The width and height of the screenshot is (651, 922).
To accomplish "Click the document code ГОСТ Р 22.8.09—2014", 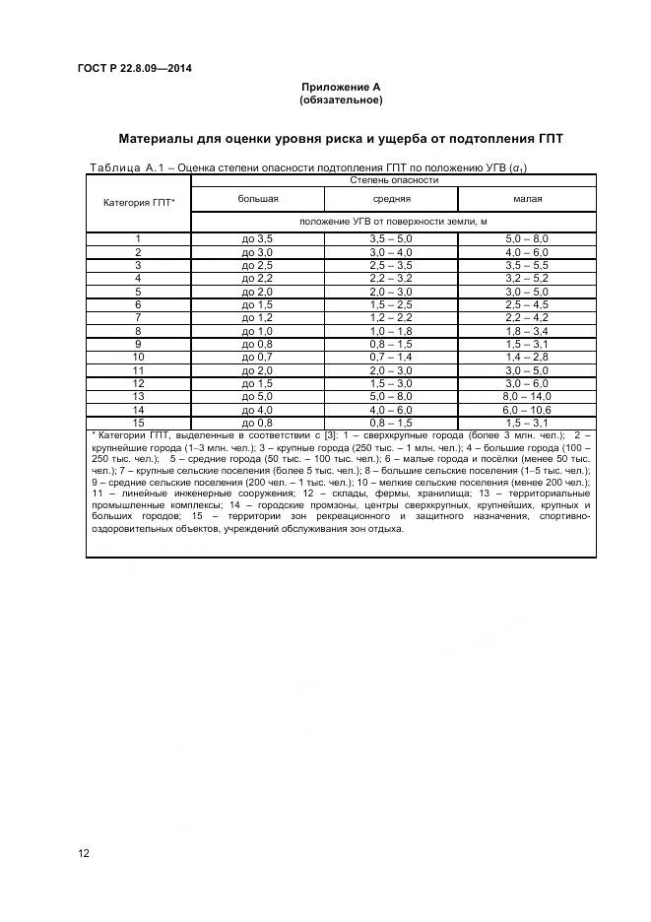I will pyautogui.click(x=135, y=68).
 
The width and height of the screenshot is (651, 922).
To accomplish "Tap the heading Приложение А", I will pyautogui.click(x=341, y=88).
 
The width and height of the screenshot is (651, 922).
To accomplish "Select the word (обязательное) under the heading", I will pyautogui.click(x=341, y=100).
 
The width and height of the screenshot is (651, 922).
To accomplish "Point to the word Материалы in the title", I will pyautogui.click(x=163, y=138).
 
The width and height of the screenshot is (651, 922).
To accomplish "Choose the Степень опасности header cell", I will pyautogui.click(x=393, y=180).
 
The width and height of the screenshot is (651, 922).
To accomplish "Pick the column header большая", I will pyautogui.click(x=258, y=199).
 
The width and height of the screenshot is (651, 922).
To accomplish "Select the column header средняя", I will pyautogui.click(x=391, y=199).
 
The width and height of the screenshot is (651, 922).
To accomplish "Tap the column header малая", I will pyautogui.click(x=527, y=199).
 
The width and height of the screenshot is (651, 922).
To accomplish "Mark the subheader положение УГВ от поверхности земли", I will pyautogui.click(x=393, y=222).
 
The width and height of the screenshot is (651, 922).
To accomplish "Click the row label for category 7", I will pyautogui.click(x=139, y=318).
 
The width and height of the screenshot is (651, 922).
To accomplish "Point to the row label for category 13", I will pyautogui.click(x=139, y=396).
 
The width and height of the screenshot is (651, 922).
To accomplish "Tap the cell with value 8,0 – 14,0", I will pyautogui.click(x=527, y=396).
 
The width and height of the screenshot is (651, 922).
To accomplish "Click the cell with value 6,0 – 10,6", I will pyautogui.click(x=527, y=409).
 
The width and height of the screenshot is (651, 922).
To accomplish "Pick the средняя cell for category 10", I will pyautogui.click(x=391, y=357).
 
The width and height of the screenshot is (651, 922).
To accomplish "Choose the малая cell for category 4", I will pyautogui.click(x=527, y=279).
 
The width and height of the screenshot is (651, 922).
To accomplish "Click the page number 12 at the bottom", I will pyautogui.click(x=84, y=853).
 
